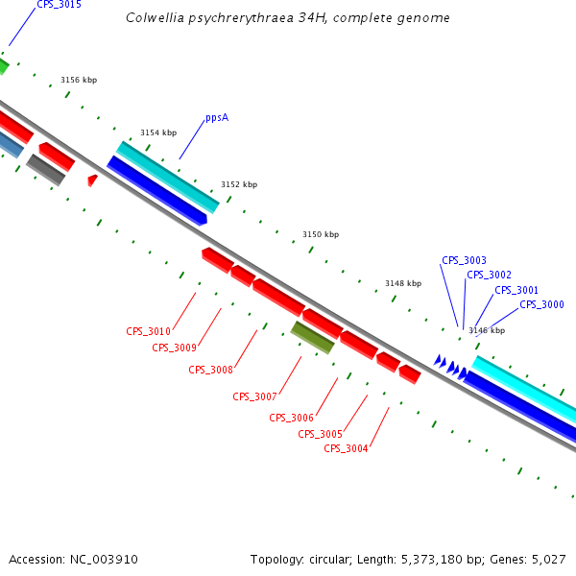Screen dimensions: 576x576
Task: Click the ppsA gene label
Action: point(217,118)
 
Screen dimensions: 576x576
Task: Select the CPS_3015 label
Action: point(59,5)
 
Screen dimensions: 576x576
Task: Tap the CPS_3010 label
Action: point(148,331)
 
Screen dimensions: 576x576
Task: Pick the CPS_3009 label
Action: point(174,348)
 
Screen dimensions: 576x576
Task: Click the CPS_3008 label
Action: point(210,370)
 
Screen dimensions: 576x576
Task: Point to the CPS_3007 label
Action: point(254,396)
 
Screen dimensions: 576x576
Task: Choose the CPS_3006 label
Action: point(291,418)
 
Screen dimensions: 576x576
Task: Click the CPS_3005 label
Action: point(320,434)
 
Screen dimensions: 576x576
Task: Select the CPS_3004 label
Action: point(346,448)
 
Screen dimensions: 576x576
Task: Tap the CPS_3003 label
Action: point(464,260)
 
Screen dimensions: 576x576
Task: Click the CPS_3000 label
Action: point(541,304)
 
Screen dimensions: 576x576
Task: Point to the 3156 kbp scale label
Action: point(79,81)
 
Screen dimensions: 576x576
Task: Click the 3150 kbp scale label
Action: point(321,234)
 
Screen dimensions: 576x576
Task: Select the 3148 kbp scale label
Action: point(403,283)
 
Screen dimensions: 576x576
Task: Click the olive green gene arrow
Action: point(313,337)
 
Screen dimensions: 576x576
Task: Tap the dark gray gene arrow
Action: point(45,169)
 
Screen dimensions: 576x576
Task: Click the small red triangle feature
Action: point(92,180)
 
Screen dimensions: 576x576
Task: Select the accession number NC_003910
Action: point(73,559)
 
